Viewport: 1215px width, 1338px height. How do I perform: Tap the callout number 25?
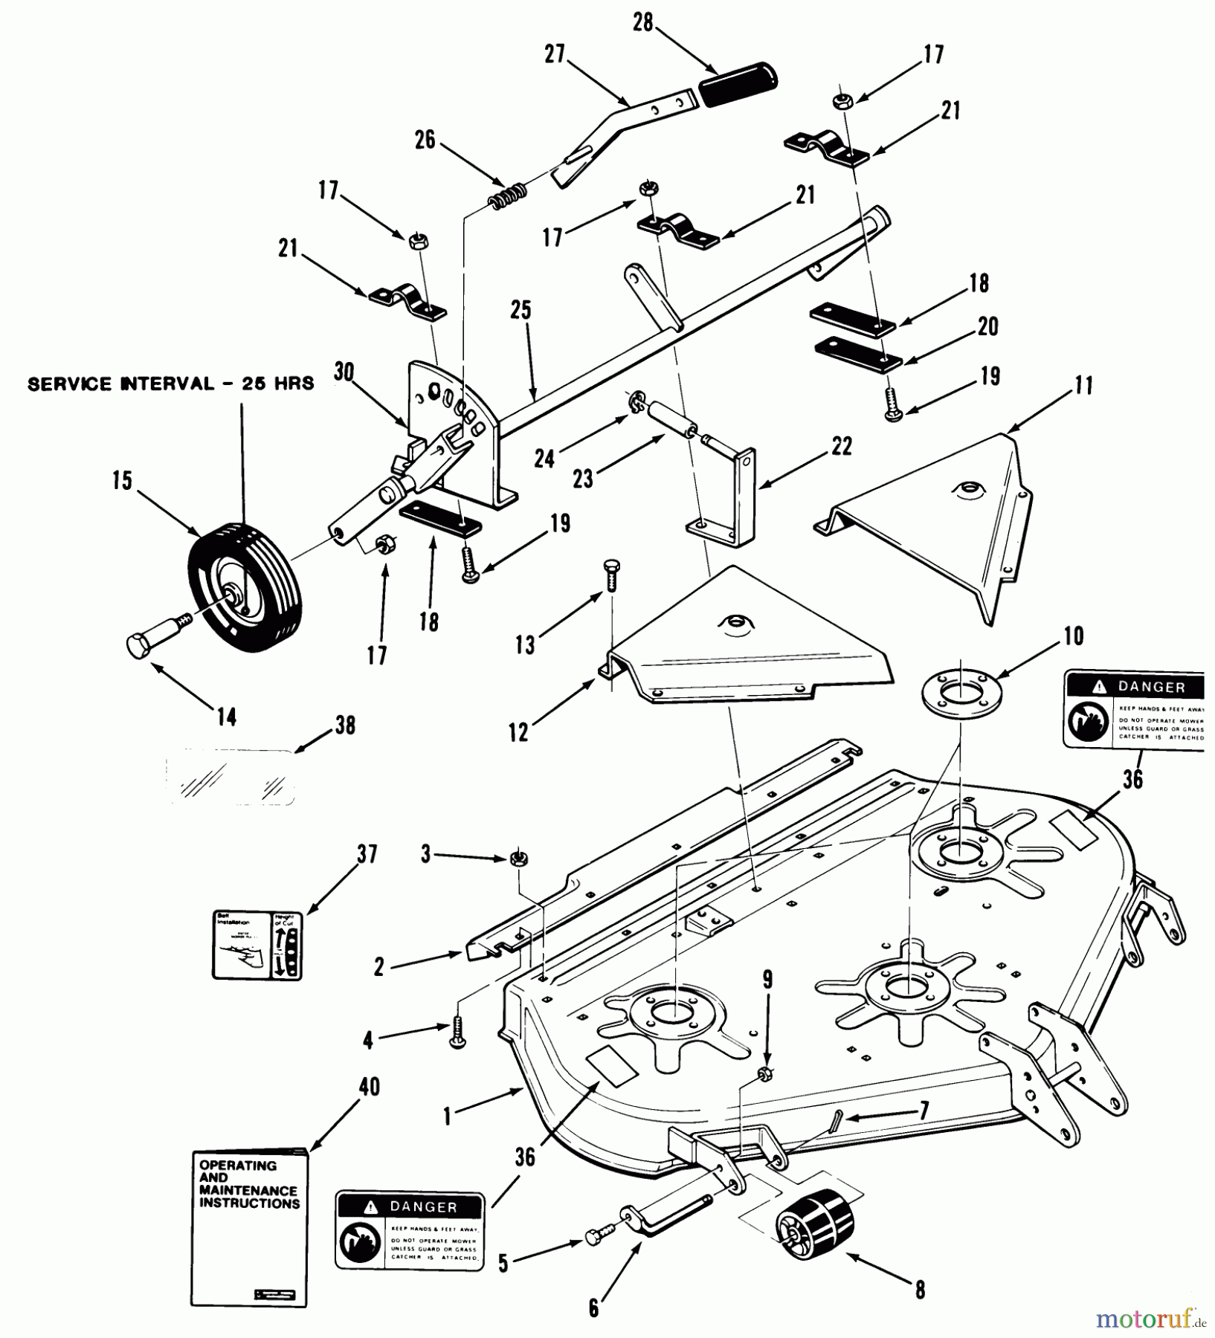click(x=521, y=310)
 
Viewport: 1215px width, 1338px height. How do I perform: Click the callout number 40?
click(x=369, y=1087)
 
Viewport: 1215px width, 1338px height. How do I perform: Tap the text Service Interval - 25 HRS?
click(x=170, y=384)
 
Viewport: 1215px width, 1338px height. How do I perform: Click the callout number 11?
click(x=1084, y=386)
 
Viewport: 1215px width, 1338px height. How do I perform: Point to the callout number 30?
click(x=344, y=372)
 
